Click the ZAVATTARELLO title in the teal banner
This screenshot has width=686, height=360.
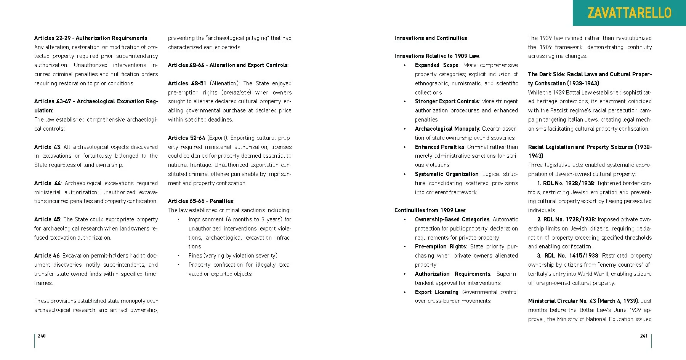pyautogui.click(x=629, y=13)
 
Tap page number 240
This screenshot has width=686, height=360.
pyautogui.click(x=42, y=336)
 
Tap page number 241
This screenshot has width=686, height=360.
pyautogui.click(x=644, y=336)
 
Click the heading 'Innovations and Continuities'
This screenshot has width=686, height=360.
pyautogui.click(x=430, y=38)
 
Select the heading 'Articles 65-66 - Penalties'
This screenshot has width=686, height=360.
pyautogui.click(x=200, y=201)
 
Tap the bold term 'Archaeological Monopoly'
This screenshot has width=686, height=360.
pyautogui.click(x=447, y=129)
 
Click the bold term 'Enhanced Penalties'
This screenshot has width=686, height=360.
pyautogui.click(x=439, y=147)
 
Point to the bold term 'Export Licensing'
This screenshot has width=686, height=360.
pyautogui.click(x=436, y=292)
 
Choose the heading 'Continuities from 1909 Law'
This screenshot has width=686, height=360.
pyautogui.click(x=430, y=210)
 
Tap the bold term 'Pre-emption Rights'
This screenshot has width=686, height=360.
pyautogui.click(x=440, y=246)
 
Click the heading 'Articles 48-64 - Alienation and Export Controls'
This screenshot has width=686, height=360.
pyautogui.click(x=228, y=65)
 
